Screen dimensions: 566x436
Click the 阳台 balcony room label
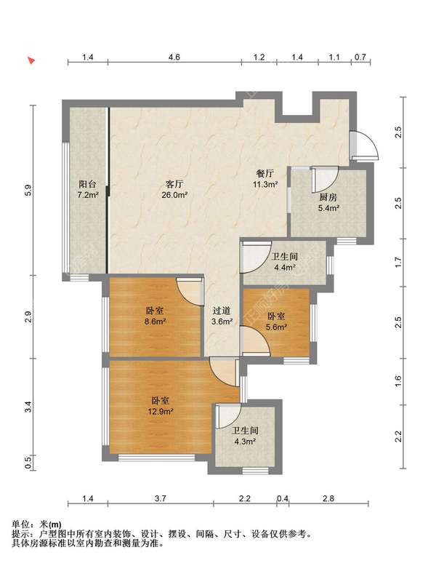(87, 184)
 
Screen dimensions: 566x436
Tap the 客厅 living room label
(174, 184)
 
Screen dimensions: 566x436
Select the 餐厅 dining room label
(265, 174)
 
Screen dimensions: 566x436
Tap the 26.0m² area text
(174, 195)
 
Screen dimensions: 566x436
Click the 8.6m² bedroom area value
(154, 321)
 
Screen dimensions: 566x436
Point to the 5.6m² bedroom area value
(276, 327)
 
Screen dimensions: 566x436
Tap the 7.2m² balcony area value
(87, 195)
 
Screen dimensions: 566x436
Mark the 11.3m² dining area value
(265, 185)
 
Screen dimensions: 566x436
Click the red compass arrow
(32, 61)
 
